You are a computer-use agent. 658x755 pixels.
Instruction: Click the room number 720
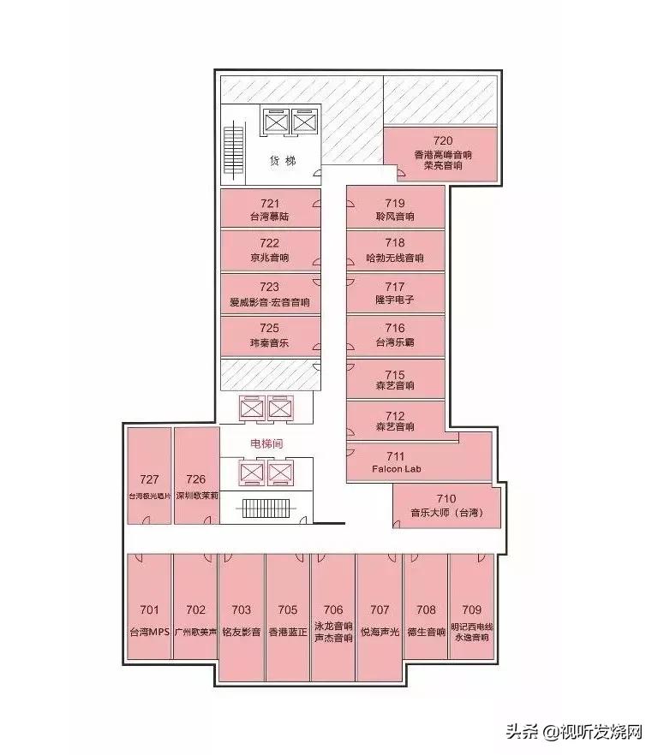click(442, 141)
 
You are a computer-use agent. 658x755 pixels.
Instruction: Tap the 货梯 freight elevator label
click(283, 160)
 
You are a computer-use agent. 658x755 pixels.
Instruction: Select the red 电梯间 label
click(266, 443)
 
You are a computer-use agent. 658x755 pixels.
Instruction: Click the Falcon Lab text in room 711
click(397, 469)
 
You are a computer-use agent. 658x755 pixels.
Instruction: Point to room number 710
click(446, 498)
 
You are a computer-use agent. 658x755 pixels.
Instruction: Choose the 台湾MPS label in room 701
click(150, 633)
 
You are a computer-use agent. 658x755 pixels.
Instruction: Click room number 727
click(149, 479)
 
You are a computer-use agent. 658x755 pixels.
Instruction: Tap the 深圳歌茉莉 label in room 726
click(196, 495)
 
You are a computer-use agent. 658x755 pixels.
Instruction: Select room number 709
click(471, 610)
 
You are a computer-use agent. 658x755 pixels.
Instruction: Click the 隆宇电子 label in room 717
click(395, 300)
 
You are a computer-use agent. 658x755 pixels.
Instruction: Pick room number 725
click(269, 328)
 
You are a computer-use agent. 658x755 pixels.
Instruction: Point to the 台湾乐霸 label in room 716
click(395, 342)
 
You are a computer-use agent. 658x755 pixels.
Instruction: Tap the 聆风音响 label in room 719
click(395, 217)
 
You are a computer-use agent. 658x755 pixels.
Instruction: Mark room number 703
click(242, 610)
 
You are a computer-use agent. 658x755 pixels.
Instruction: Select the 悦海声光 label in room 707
click(380, 633)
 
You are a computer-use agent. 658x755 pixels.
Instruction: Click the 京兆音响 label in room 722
click(269, 258)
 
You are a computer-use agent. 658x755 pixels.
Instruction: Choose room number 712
click(395, 417)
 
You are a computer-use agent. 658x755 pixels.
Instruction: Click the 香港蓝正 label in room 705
click(288, 633)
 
